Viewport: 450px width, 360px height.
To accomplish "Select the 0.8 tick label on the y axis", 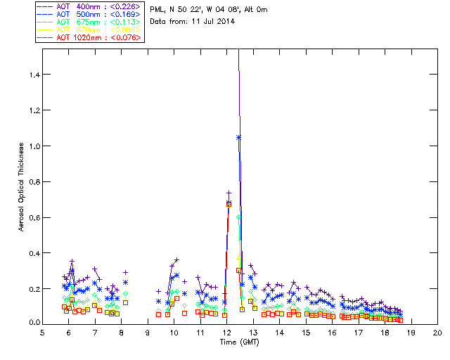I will (x=33, y=181).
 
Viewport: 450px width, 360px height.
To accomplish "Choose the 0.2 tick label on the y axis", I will (x=33, y=288).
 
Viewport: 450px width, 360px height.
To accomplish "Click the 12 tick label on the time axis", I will (x=226, y=332).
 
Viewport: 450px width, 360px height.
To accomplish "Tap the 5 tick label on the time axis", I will (x=43, y=332).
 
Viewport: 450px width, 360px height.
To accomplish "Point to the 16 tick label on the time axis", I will (x=332, y=332).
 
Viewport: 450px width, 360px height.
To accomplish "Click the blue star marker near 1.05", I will (x=239, y=137).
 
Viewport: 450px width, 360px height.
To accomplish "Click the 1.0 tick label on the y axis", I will (x=33, y=146).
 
